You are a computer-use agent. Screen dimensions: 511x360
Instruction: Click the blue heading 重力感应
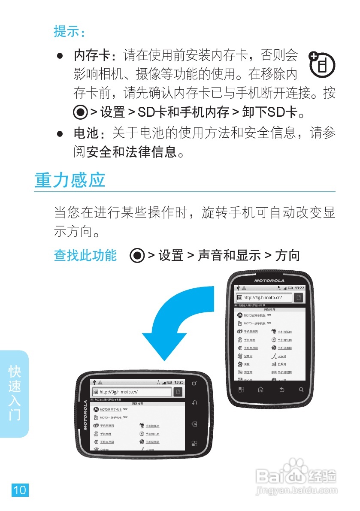pos(70,180)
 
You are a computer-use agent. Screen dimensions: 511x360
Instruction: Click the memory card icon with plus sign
pos(322,65)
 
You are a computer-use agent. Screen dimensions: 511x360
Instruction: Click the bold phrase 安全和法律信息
pos(131,151)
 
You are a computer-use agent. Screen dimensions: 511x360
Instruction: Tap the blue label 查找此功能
pos(85,255)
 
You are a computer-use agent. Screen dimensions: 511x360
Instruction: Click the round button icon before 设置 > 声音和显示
pos(137,256)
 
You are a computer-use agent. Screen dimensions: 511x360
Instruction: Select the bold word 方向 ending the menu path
pos(287,256)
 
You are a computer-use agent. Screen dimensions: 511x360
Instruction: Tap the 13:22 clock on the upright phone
pos(299,287)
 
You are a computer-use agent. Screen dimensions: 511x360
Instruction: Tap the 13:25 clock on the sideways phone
pos(178,382)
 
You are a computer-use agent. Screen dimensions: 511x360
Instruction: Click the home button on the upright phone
pos(260,390)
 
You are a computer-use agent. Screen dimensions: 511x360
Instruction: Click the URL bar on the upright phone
pos(264,297)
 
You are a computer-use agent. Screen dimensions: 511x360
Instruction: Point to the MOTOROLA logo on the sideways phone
pos(85,415)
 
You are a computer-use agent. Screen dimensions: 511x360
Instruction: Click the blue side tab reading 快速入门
pos(15,393)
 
